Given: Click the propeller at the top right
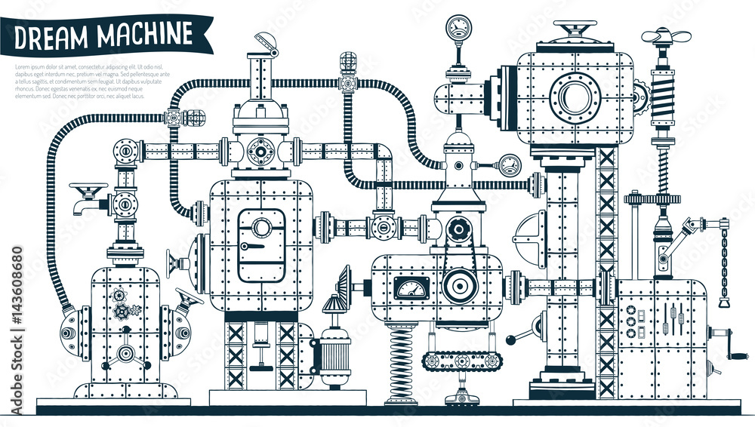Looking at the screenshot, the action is click(x=664, y=35).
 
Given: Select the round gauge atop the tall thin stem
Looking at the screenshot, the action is click(x=458, y=29).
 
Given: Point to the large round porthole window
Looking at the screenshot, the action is click(x=575, y=97).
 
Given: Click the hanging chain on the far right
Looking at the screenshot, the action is click(x=723, y=264).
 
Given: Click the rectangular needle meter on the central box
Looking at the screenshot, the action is click(x=412, y=287).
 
